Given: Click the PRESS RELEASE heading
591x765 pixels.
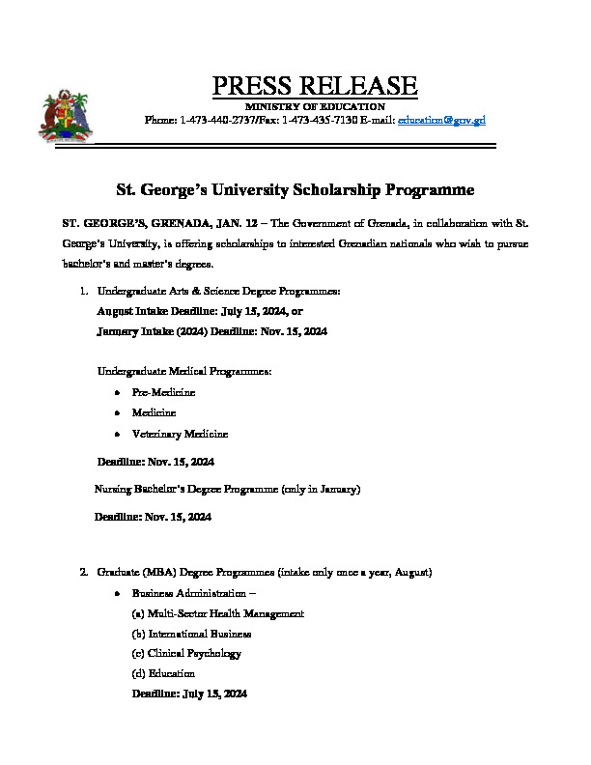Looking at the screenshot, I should (x=315, y=86).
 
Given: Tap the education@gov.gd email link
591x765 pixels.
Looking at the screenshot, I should (x=441, y=120).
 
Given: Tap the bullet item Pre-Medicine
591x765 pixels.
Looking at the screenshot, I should (x=163, y=392).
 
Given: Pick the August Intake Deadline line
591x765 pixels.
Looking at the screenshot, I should (x=200, y=311).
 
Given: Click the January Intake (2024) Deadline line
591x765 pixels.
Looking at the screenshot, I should (x=212, y=331).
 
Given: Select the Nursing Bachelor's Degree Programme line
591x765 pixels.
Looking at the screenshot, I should (x=227, y=490).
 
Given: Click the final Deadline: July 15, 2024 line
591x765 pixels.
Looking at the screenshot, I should (x=189, y=694).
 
